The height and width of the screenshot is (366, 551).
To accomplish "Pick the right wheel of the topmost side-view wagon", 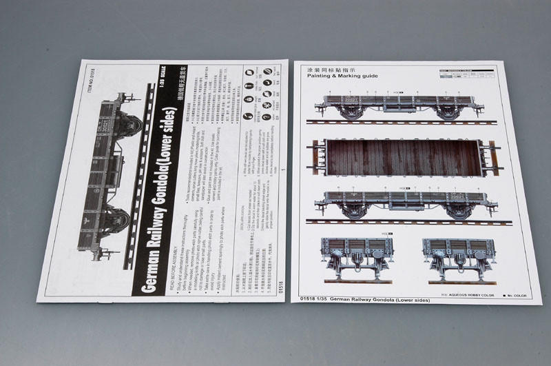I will [448, 112].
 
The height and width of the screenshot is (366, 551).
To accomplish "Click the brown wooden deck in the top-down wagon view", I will [403, 157].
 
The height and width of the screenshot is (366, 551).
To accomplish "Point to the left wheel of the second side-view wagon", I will [354, 211].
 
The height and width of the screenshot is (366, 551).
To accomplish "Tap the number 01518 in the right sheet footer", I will [309, 299].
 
